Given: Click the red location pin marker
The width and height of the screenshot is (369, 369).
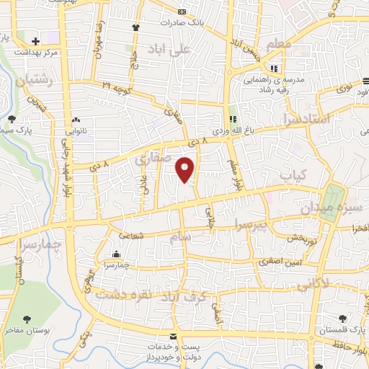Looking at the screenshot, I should pyautogui.click(x=185, y=170).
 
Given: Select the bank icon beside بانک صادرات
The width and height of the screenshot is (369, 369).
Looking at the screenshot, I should pyautogui.click(x=181, y=12).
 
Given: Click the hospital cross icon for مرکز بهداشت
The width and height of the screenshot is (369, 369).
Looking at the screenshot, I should pyautogui.click(x=35, y=40).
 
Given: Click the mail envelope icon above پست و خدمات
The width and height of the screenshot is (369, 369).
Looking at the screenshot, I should pyautogui.click(x=172, y=337).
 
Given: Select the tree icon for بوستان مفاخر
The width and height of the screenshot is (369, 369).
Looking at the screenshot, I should pyautogui.click(x=27, y=319).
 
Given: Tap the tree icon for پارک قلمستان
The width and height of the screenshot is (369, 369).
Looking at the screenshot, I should pyautogui.click(x=342, y=319).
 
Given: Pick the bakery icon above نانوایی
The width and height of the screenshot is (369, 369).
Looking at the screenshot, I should pyautogui.click(x=75, y=120).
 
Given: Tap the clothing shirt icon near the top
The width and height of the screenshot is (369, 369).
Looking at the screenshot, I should pyautogui.click(x=135, y=27).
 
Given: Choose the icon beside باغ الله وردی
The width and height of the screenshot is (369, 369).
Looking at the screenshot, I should pyautogui.click(x=233, y=120).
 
